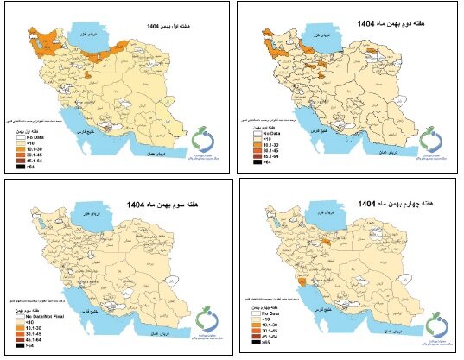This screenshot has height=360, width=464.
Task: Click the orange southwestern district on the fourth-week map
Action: pos(300,281)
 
